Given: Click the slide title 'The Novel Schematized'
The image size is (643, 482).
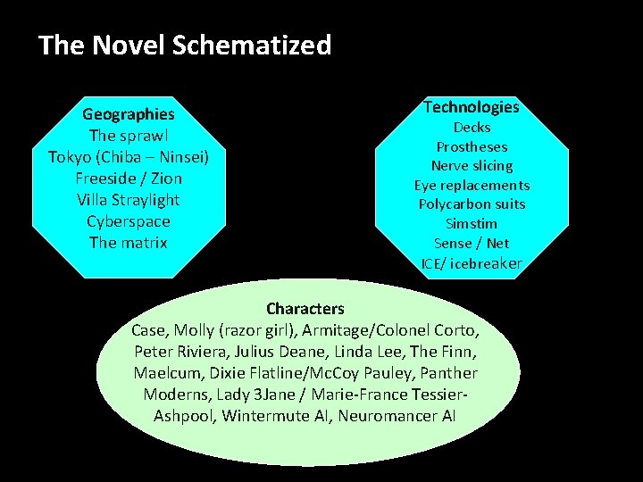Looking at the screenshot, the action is coord(185,45).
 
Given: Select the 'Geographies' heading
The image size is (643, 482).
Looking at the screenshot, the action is coord(129,114).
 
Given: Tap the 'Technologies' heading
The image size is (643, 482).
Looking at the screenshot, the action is coord(472,107).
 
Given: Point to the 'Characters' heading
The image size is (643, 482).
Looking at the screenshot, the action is coord(305,309).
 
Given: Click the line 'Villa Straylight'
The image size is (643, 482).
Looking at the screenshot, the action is coord(129,200).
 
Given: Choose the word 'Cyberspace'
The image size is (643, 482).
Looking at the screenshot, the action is coord(129,221).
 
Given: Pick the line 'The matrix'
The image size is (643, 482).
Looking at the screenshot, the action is coord(129,243).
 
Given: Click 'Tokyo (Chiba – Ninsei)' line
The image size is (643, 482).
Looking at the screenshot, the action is coord(129,157).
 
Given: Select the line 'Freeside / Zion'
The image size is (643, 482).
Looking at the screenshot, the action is coord(129,179).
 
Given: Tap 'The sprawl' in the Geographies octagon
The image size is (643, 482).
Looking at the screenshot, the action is coord(129,136).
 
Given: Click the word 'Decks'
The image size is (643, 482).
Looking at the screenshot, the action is coord(472,128).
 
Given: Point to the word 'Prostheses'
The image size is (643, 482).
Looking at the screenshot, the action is coord(472,147).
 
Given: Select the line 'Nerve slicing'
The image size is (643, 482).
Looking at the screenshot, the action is coord(472,166).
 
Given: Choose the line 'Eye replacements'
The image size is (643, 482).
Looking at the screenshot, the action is coord(472,186).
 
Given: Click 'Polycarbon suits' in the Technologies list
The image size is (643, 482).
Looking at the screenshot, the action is coord(472,204).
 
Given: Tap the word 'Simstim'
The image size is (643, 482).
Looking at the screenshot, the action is coord(472,224).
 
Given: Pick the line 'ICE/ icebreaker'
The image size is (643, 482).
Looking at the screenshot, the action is coord(472,263).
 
